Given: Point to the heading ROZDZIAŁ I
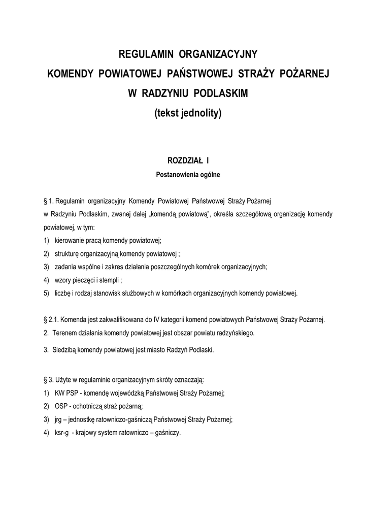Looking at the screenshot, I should [188, 161].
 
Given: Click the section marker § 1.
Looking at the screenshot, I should [50, 201].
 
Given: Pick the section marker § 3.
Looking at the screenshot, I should [50, 379].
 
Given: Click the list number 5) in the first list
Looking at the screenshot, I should [47, 293].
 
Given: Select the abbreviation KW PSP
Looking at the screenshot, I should [68, 393].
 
